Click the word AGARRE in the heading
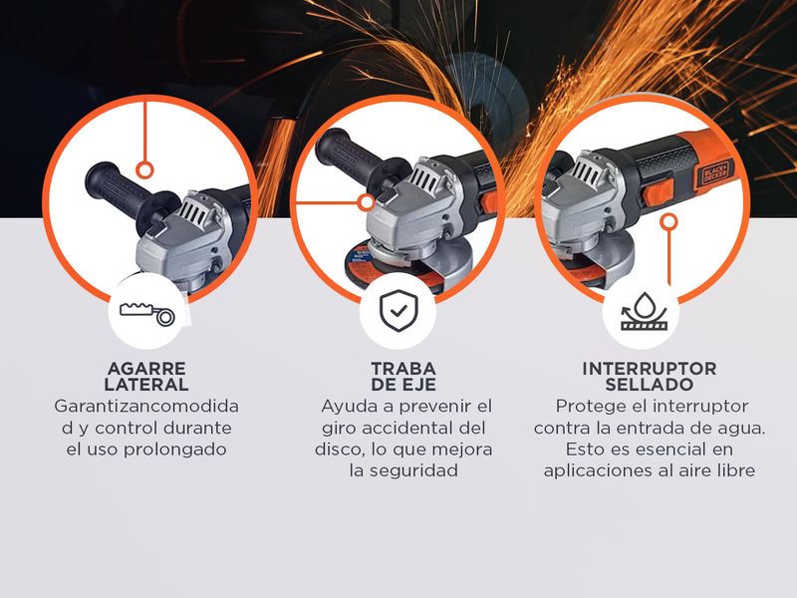[x=146, y=368]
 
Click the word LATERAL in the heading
[x=146, y=385]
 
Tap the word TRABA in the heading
[x=403, y=368]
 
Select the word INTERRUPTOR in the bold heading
[x=650, y=368]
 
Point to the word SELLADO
[x=650, y=385]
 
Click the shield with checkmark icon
[x=398, y=311]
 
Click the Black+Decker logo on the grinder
[x=714, y=172]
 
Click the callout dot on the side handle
[x=145, y=170]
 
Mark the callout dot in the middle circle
[x=366, y=203]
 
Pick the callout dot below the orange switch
[x=669, y=221]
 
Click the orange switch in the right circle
[x=659, y=192]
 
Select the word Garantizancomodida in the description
[x=146, y=407]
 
